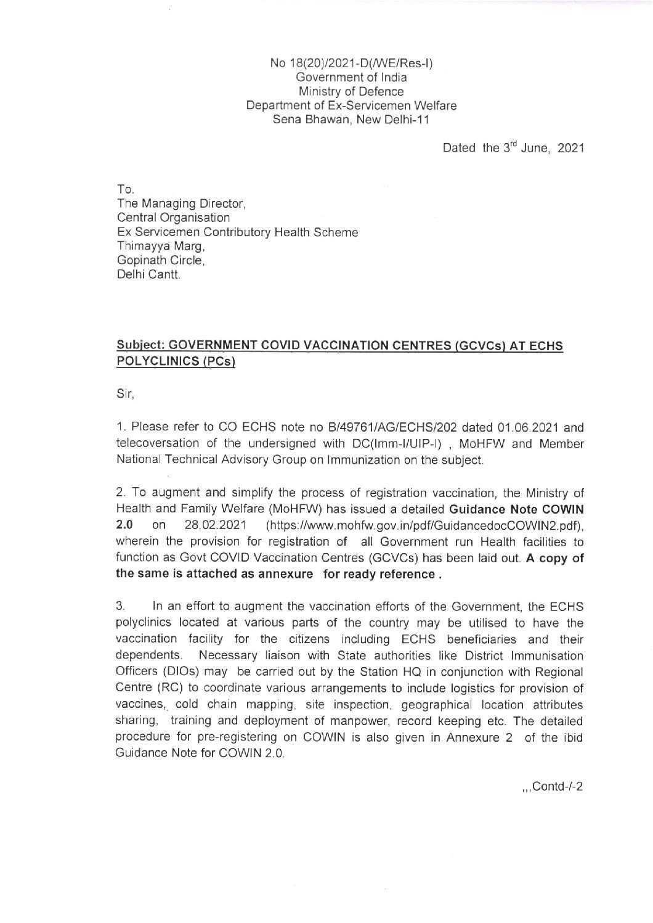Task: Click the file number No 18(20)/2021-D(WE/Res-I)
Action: [x=351, y=64]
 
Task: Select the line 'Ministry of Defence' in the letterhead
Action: [x=351, y=91]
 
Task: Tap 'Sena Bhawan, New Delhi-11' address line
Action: [x=351, y=120]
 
